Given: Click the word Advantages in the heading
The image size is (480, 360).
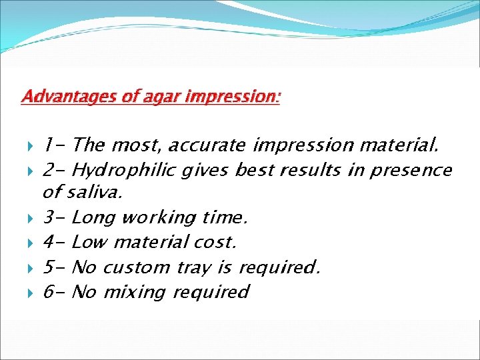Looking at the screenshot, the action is [x=69, y=97].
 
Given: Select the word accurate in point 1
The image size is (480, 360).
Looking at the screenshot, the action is [x=207, y=145].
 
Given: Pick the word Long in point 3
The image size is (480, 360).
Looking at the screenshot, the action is [x=93, y=218].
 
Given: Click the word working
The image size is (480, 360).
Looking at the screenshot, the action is [x=159, y=218].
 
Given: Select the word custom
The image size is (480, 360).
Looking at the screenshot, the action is [x=137, y=267].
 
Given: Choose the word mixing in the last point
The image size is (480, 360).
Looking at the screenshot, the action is [x=135, y=292].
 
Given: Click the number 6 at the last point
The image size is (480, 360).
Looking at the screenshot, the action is [x=49, y=291].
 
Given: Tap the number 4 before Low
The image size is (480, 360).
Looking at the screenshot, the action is [x=49, y=242].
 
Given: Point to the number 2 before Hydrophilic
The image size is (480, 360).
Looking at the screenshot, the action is [x=49, y=169].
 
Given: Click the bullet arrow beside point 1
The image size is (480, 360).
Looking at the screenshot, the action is [x=30, y=146].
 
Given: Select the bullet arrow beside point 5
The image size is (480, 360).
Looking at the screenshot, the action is [x=30, y=269].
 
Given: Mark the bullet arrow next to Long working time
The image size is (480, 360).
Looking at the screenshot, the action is [x=30, y=219].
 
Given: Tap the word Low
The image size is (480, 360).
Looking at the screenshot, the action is [x=89, y=242].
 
